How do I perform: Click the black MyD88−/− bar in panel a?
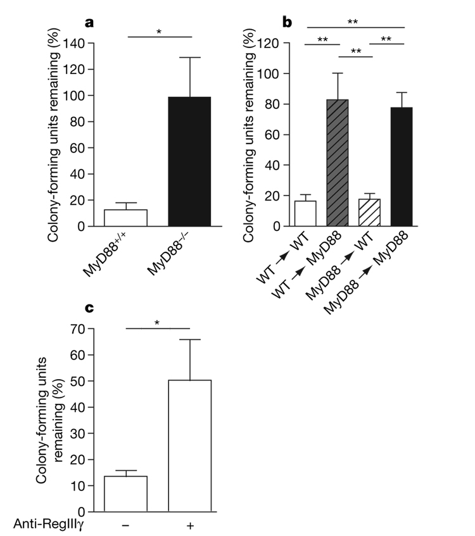click(189, 161)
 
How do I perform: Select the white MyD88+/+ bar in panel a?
click(125, 218)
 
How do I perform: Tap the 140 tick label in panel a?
click(78, 44)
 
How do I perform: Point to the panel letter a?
click(91, 23)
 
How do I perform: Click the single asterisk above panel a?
click(159, 31)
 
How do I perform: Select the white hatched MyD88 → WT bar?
click(370, 213)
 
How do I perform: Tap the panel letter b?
click(287, 23)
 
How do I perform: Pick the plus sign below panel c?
click(190, 525)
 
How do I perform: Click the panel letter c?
click(91, 308)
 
